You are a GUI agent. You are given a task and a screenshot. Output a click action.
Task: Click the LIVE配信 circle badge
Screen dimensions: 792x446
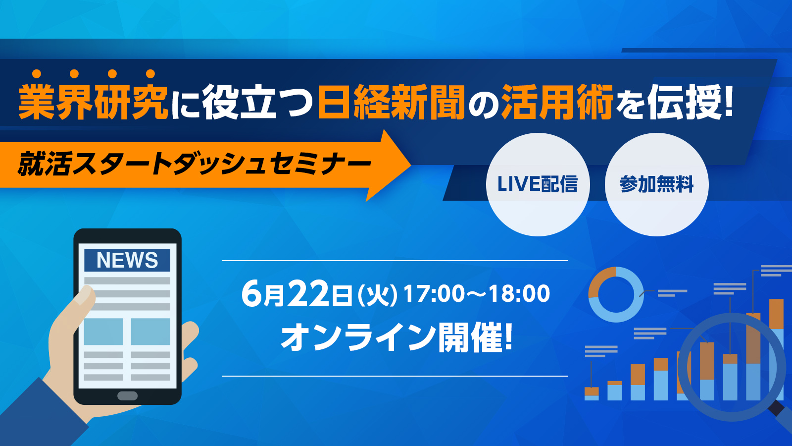(x=538, y=184)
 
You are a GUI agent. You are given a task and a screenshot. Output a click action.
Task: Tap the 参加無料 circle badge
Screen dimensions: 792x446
(x=656, y=184)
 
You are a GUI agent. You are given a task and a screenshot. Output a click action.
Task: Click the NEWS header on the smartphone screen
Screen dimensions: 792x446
(x=127, y=260)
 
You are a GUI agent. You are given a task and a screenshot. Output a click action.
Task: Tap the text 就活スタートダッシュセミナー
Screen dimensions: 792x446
(x=195, y=164)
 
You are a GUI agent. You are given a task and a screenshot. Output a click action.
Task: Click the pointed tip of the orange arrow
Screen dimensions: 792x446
(x=410, y=165)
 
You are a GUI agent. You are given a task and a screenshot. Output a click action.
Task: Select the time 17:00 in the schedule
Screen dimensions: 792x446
(x=434, y=293)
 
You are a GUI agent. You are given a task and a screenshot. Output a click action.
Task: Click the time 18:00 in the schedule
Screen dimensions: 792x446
(x=519, y=293)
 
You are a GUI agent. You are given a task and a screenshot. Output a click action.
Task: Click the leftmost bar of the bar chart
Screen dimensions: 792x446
(x=592, y=393)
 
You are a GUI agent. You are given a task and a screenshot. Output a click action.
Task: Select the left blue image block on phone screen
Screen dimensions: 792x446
(x=103, y=332)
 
